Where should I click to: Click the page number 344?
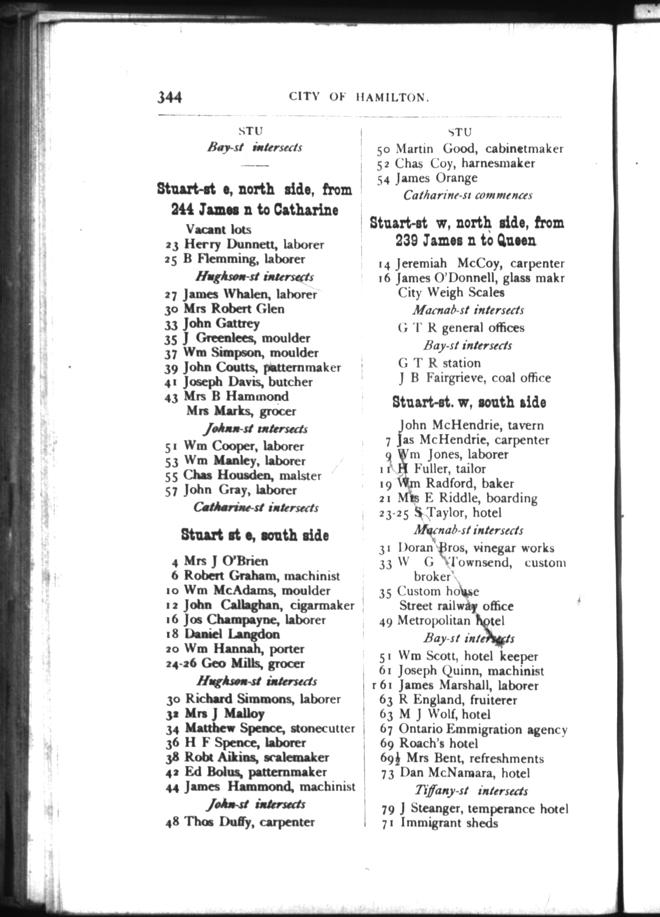[170, 97]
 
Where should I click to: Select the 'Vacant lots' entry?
[218, 229]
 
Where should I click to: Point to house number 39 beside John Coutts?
[171, 368]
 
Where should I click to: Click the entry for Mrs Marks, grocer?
[241, 411]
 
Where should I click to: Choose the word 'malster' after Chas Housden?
[300, 476]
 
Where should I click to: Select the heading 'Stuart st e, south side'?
[255, 535]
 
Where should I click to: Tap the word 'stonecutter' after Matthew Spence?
[323, 729]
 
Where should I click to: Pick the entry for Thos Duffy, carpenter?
[249, 822]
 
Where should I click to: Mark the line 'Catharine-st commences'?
[468, 195]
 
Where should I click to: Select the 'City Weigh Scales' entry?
[451, 293]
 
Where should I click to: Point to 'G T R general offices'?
[461, 328]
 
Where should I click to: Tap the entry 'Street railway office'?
[456, 606]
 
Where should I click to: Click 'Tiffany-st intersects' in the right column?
[471, 791]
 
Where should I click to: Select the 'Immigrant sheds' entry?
[449, 823]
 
